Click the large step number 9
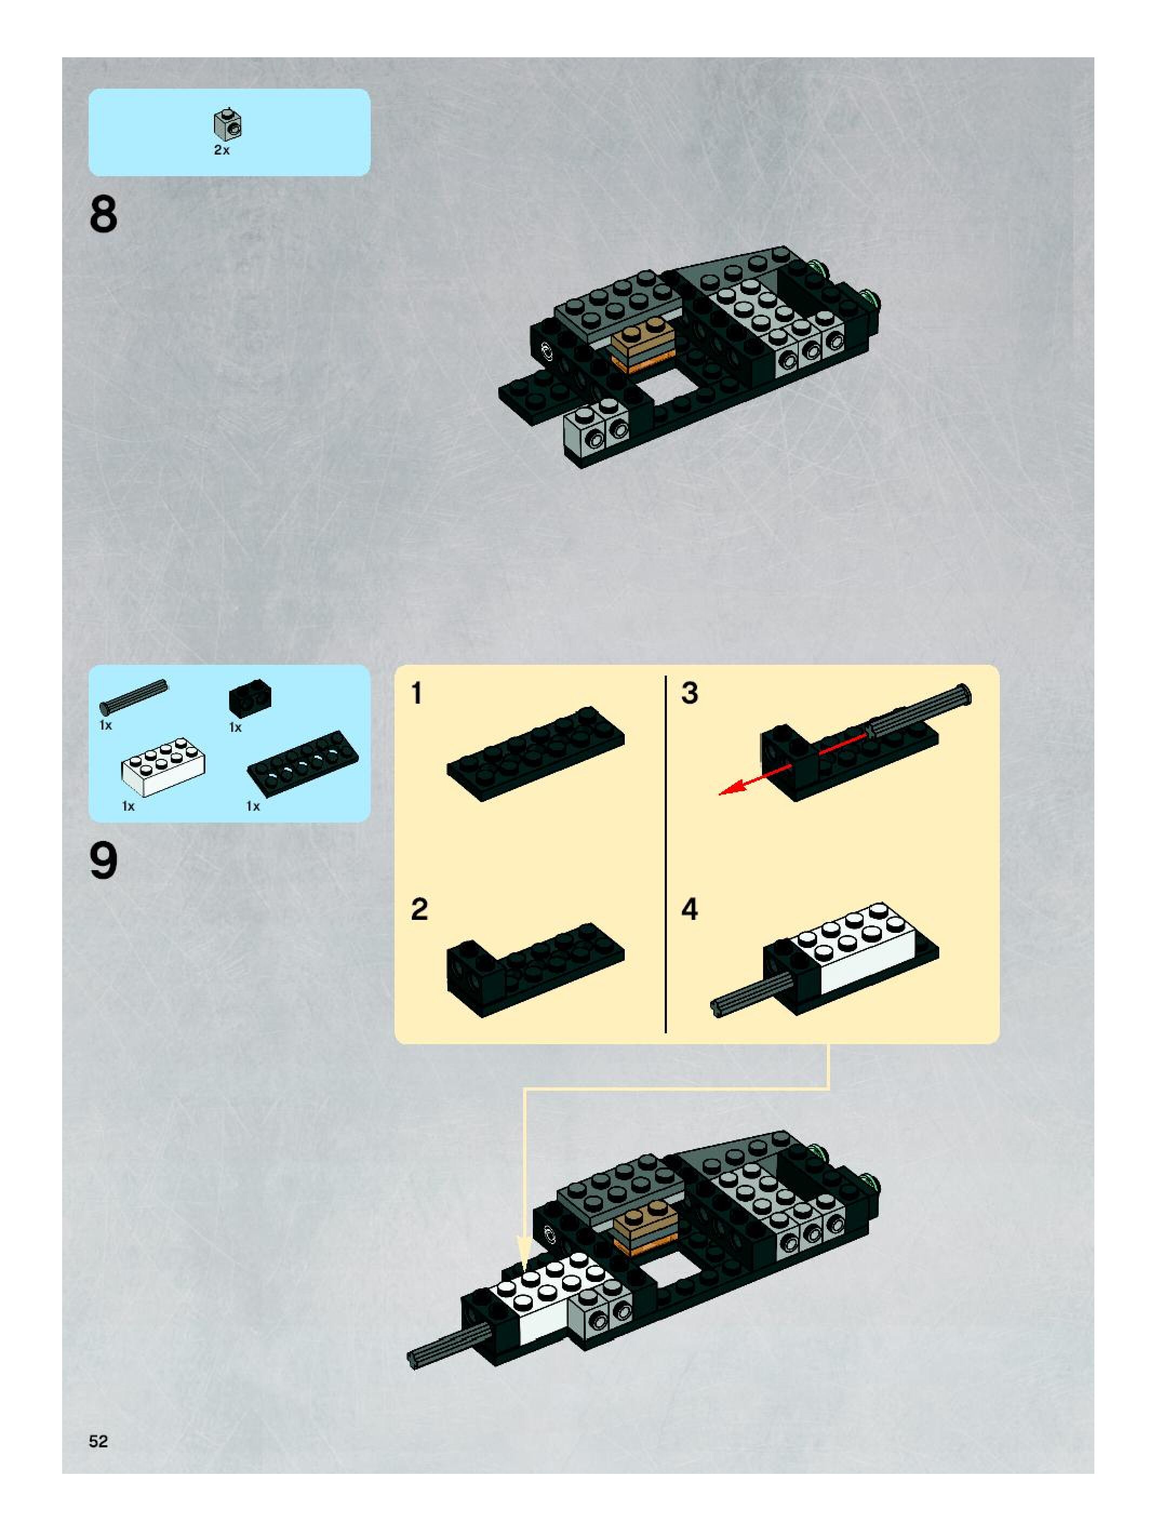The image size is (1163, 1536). click(103, 861)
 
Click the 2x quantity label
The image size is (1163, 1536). click(222, 150)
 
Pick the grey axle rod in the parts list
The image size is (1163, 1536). click(134, 697)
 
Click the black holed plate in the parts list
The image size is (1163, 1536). click(303, 763)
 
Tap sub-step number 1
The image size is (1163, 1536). click(417, 693)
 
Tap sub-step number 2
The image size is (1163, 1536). click(419, 910)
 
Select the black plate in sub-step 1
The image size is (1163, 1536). click(534, 753)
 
